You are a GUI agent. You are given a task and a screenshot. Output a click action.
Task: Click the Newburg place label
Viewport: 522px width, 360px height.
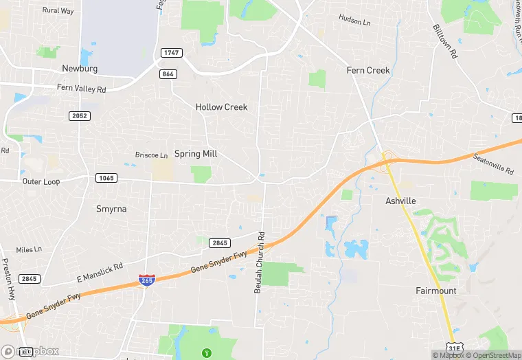coord(80,69)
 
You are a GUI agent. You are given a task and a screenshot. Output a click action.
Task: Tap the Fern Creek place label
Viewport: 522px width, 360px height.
coord(368,70)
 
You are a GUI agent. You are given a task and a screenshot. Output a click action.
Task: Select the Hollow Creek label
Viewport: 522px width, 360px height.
coord(221,107)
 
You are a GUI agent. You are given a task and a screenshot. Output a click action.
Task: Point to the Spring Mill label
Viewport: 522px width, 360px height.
coord(196,154)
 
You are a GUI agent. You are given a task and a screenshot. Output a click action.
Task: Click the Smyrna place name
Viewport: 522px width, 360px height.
coord(111,208)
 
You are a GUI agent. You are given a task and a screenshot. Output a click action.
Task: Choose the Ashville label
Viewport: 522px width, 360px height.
coord(401,201)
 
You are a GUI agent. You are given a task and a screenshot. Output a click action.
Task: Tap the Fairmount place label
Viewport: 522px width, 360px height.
coord(435,291)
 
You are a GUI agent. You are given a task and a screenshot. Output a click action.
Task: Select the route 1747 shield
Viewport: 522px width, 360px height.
coord(171,53)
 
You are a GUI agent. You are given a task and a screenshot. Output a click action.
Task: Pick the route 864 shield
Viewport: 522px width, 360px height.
coord(167,74)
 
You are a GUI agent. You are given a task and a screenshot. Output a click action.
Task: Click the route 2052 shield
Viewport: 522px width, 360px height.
coord(80,116)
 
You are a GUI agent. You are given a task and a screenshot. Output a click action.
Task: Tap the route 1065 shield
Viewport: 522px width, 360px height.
coord(106,178)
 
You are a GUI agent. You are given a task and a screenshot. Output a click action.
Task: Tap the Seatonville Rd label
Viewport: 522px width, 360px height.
coord(493,164)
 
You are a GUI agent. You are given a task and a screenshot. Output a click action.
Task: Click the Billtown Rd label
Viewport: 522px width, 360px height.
coord(445,43)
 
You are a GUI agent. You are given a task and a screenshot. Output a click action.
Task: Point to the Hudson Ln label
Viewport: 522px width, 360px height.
coord(355,21)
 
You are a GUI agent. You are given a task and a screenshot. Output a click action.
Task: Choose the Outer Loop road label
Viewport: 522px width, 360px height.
coord(41,181)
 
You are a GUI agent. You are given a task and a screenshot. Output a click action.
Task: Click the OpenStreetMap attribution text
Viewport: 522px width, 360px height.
coord(493,355)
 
